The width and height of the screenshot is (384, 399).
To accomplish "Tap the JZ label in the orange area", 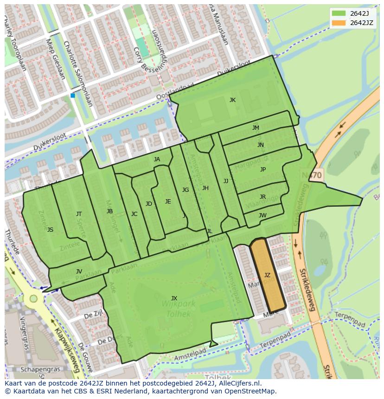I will [267, 275].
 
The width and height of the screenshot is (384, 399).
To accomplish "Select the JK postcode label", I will [232, 100].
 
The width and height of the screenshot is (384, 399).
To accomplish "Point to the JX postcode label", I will [174, 298].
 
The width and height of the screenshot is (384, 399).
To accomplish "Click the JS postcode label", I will [50, 230].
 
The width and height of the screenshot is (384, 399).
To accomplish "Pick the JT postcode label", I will [79, 214].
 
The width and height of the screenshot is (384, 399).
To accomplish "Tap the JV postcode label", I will [79, 272].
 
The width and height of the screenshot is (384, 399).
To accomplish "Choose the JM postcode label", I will [256, 128].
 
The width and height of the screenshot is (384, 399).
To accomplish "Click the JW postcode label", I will [262, 215].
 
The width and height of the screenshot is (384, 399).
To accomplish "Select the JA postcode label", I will [157, 159].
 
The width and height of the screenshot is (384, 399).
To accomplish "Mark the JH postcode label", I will [205, 188].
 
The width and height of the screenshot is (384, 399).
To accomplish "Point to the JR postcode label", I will [262, 197].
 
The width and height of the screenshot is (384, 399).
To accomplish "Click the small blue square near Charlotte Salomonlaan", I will [73, 95].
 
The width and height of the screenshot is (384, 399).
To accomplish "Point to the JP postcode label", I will [263, 170].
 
